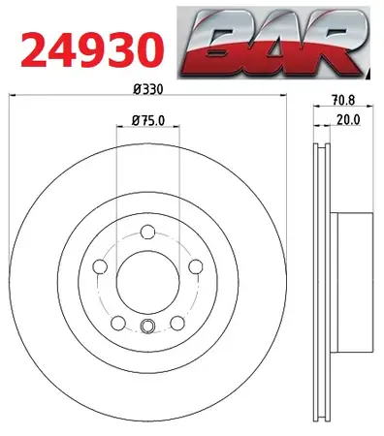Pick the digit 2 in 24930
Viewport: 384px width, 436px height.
[x=31, y=45]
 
